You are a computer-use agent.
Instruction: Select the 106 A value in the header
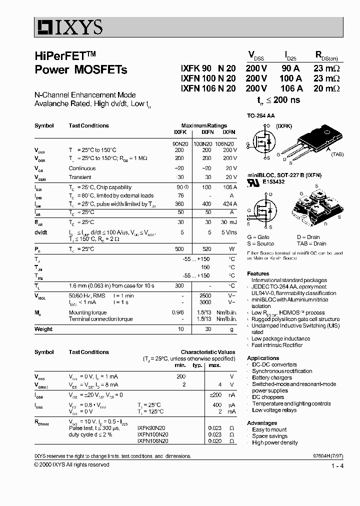tap(290, 88)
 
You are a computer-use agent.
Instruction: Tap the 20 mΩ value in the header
tap(326, 88)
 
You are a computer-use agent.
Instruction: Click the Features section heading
tap(258, 273)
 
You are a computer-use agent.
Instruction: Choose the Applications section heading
tap(263, 358)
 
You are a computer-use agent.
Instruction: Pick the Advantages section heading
tap(262, 423)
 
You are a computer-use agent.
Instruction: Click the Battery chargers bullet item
tap(271, 377)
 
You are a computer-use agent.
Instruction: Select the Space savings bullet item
tap(269, 436)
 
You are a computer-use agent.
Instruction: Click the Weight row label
tap(43, 329)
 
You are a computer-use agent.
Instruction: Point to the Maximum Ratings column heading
tap(204, 125)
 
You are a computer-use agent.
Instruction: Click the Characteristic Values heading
tap(207, 352)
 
